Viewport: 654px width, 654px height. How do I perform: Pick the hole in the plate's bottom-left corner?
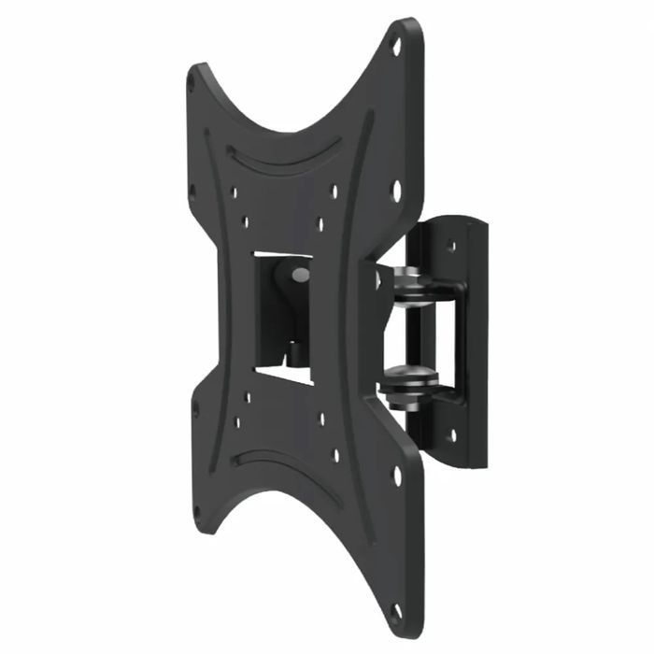197,513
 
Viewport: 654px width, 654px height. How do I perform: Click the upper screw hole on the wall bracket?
451,248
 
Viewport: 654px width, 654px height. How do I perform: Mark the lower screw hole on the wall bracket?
452,435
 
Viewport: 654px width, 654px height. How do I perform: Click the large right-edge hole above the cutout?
396,191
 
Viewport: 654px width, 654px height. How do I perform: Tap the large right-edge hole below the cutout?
396,475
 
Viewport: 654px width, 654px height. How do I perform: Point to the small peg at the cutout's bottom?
292,353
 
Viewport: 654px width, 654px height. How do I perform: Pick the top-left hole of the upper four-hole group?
235,194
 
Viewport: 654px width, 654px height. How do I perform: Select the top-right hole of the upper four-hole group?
334,192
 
